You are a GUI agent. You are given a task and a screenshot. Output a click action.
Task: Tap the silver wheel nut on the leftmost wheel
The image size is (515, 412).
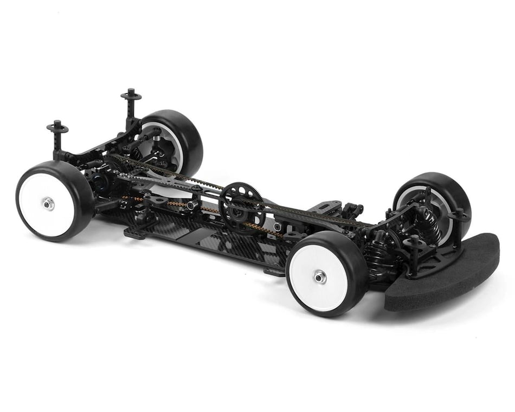[x=48, y=203]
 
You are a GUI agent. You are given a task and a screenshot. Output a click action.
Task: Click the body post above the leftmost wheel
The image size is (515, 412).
[x=57, y=138]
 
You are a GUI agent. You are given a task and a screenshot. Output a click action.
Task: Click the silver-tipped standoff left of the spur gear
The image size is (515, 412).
[x=192, y=205]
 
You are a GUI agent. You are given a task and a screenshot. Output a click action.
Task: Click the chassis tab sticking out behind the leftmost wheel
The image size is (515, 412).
[x=136, y=234]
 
